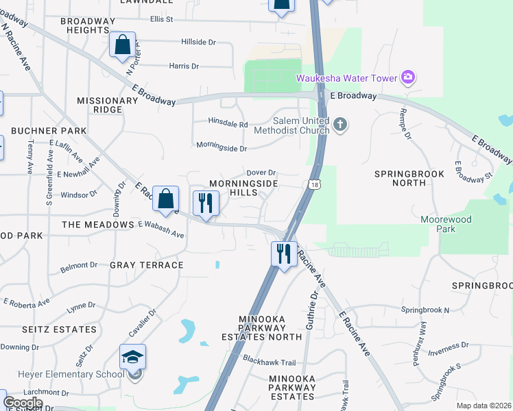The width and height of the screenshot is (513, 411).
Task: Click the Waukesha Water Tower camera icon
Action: tap(408, 77)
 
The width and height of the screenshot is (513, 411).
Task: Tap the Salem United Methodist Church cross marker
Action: tap(341, 125)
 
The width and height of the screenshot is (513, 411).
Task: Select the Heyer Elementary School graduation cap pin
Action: tap(132, 358)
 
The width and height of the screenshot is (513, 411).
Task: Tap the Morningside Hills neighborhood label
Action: tap(243, 189)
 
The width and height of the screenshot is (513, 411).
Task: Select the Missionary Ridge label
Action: tap(108, 105)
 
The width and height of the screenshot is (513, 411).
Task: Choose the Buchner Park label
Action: tap(49, 131)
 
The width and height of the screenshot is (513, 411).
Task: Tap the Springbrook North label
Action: tap(409, 179)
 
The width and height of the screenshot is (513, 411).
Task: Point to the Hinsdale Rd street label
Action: tap(228, 125)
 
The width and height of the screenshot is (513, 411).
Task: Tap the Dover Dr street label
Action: tap(261, 173)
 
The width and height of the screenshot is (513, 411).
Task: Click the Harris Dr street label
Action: tap(184, 66)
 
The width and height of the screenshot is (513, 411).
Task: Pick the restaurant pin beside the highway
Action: tap(283, 254)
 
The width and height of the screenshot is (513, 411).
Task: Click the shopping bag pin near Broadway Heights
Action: tap(122, 45)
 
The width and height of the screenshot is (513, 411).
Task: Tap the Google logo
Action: tap(23, 403)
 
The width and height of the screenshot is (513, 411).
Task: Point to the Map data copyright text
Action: tap(484, 406)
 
